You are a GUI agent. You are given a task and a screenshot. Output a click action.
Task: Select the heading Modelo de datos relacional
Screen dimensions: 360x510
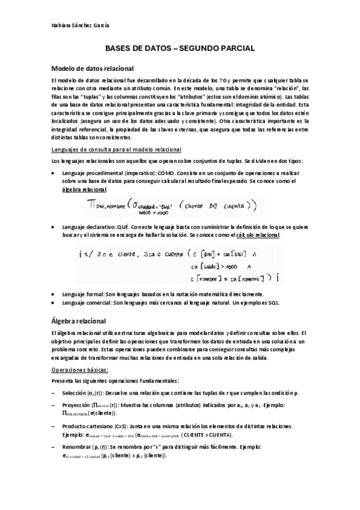click(92, 69)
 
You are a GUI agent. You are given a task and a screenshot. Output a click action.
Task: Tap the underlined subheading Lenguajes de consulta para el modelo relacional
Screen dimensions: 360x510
click(117, 149)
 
